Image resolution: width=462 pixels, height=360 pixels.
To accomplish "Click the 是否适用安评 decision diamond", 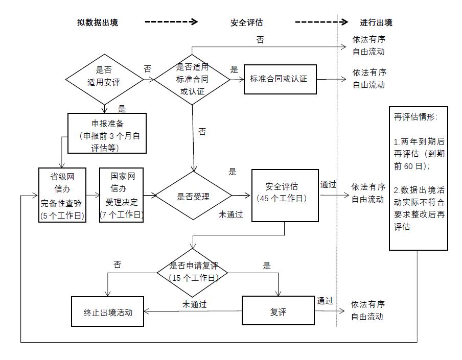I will [104, 78].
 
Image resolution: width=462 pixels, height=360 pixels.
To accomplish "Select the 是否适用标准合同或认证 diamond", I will [192, 79].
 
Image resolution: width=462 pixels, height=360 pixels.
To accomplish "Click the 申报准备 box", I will [107, 133].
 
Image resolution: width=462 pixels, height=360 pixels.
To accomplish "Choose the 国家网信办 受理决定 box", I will [121, 195].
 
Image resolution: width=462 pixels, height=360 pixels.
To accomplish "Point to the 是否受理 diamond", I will [193, 196].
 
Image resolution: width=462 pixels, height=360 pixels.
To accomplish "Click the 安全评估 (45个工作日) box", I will [282, 195].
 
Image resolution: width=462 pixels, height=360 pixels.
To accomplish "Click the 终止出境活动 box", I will [107, 311].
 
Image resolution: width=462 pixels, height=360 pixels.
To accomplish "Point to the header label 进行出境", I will [376, 22].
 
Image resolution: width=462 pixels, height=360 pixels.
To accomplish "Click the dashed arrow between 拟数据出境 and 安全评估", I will [171, 22].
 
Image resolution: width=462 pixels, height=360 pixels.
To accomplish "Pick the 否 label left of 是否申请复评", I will [117, 265].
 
